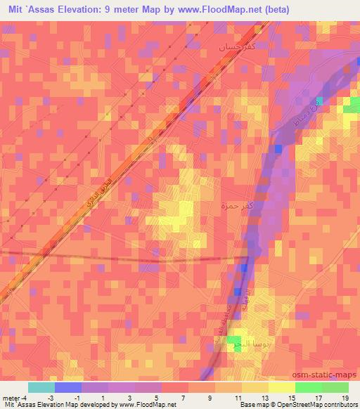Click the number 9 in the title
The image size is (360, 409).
point(107,8)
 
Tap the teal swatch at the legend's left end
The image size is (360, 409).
point(41,387)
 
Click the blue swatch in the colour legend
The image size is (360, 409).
point(67,387)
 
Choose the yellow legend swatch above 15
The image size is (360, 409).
point(282,387)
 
